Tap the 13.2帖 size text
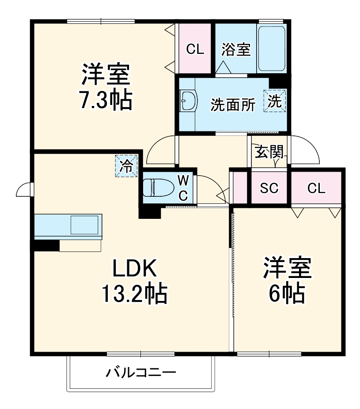click(134, 293)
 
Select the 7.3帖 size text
click(105, 100)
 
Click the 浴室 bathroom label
click(235, 49)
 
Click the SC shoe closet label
click(269, 188)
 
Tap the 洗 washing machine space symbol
click(275, 101)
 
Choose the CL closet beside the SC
click(316, 188)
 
